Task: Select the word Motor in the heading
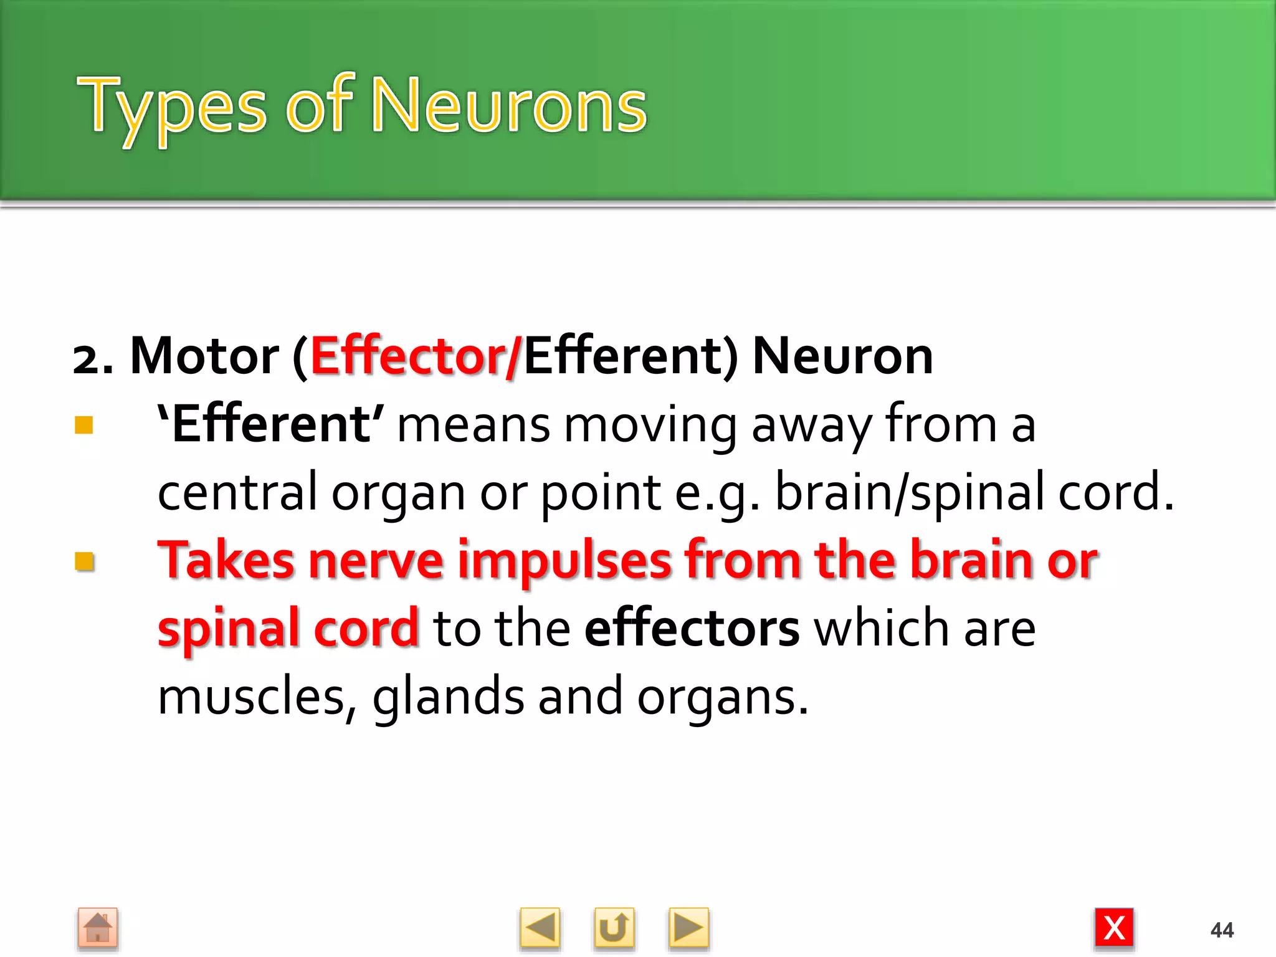204,356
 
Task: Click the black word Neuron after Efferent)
842,356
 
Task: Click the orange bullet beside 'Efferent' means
84,426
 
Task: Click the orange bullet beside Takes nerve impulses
84,561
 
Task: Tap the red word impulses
564,561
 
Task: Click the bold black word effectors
692,629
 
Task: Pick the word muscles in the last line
250,697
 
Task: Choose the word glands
448,697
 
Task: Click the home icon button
98,928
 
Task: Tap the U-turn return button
614,928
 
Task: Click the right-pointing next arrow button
688,928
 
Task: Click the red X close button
1114,928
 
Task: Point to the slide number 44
1222,930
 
